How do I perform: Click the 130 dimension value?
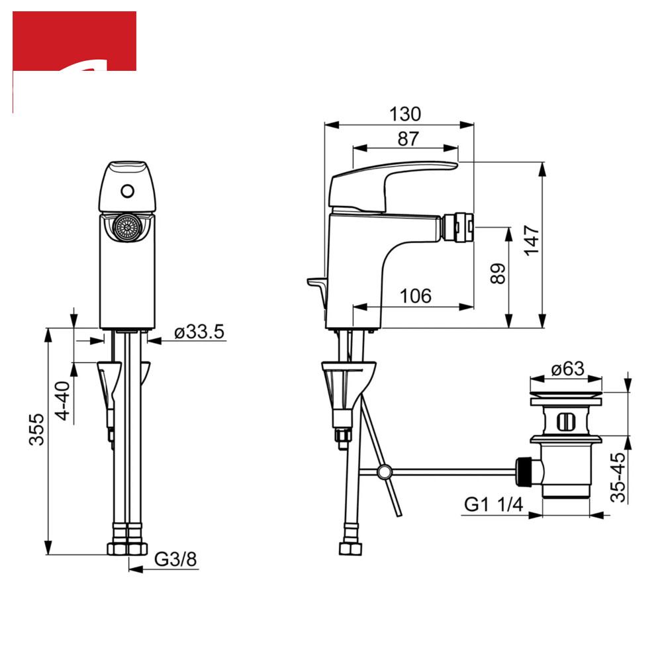[x=405, y=114]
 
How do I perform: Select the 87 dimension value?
[x=408, y=139]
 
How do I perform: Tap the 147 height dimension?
[x=532, y=240]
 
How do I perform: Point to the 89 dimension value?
[x=498, y=273]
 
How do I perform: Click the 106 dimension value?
[x=416, y=296]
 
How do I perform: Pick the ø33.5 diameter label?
[x=199, y=332]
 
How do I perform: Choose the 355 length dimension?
[x=36, y=430]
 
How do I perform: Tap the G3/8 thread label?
[x=175, y=559]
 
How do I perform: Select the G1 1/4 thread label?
[x=493, y=504]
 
